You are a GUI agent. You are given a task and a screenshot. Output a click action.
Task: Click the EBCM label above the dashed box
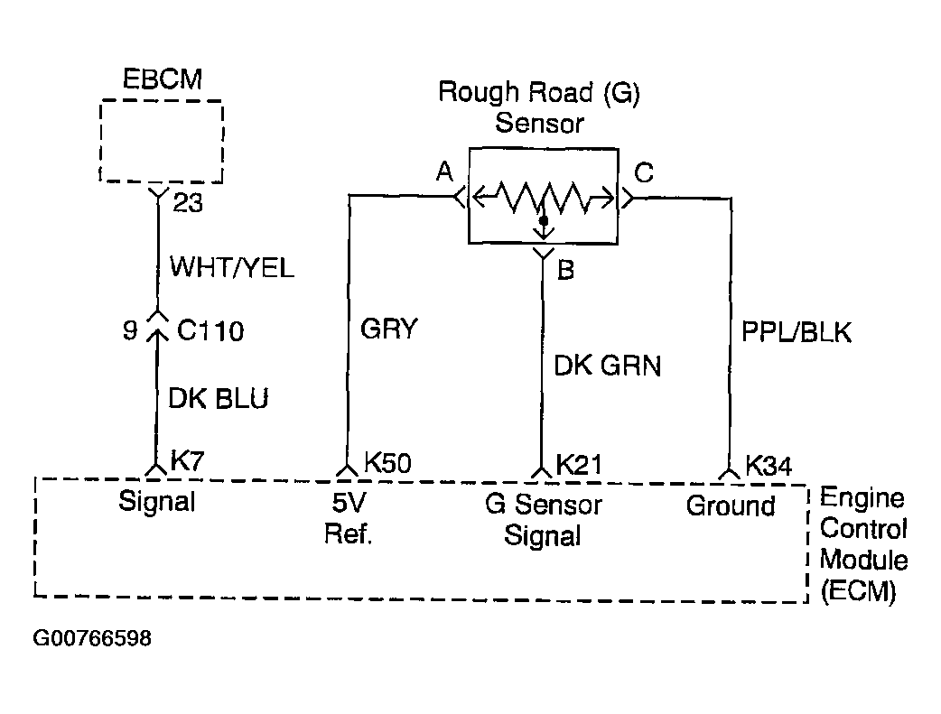pos(162,79)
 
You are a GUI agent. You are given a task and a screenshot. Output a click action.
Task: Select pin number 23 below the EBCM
pos(188,203)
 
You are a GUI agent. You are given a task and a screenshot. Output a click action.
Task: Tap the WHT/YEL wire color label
pos(232,267)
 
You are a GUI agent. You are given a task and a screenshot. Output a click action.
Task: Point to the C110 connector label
pos(210,330)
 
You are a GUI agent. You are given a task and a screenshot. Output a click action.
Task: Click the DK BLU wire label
pos(219,398)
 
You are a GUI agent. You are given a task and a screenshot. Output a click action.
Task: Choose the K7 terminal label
pos(188,460)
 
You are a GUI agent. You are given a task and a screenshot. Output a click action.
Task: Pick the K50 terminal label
pos(387,463)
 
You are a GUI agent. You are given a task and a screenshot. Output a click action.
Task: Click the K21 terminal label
pos(579,464)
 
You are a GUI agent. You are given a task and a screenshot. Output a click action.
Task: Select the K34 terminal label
pos(769,466)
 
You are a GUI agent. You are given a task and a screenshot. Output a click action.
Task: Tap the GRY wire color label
pos(389,329)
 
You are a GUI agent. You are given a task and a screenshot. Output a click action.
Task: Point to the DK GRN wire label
pos(608,366)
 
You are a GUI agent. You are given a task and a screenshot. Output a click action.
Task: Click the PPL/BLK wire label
pos(797,332)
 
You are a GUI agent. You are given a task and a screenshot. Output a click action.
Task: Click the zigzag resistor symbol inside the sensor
pos(543,197)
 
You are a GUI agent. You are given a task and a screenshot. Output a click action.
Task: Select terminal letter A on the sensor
pos(444,172)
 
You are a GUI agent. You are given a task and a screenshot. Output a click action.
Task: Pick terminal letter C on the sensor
pos(644,172)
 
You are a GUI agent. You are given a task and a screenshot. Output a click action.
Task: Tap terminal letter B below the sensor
pos(566,270)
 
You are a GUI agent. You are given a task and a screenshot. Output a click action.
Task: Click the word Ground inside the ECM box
pos(731,505)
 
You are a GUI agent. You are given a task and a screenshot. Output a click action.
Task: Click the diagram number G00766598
pos(92,638)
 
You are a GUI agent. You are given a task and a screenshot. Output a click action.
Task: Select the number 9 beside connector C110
pos(130,330)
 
